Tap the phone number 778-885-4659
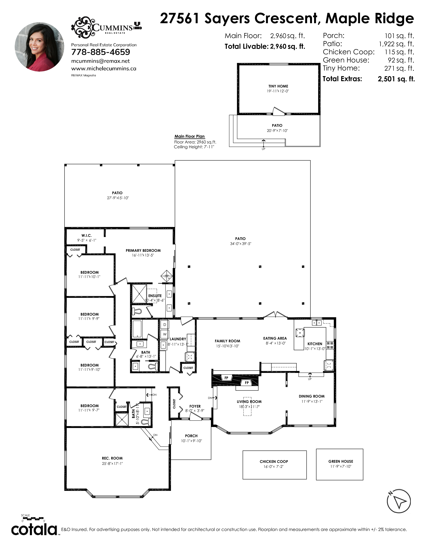101,52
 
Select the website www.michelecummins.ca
104,69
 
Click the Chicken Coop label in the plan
274,462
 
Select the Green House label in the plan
341,461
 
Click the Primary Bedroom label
143,250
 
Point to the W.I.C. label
87,235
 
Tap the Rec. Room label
112,458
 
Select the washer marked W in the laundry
165,334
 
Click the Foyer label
195,406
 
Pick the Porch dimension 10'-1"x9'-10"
192,441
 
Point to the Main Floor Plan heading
190,136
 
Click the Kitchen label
315,344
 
